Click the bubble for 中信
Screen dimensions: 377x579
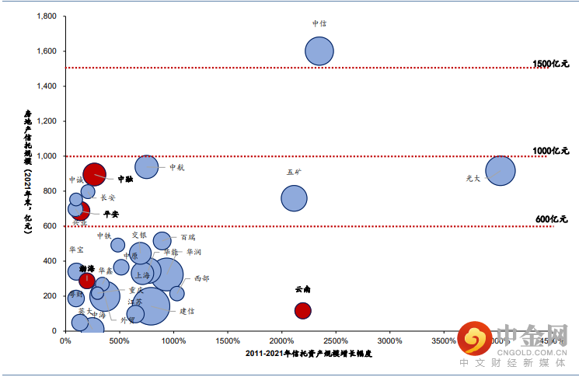[319, 51]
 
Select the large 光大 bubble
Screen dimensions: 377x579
[501, 171]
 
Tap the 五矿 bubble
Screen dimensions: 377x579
[294, 198]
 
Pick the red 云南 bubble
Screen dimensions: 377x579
[303, 310]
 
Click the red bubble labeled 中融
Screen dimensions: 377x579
[94, 175]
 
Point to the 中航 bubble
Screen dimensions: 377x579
[146, 166]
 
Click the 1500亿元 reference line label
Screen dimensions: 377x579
[551, 62]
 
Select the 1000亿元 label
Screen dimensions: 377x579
[551, 151]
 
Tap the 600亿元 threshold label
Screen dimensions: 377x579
[553, 220]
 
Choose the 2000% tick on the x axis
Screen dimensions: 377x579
[281, 340]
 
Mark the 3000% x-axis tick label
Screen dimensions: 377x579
[389, 340]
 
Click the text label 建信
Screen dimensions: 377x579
[187, 311]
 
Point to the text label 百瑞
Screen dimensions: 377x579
[188, 237]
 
